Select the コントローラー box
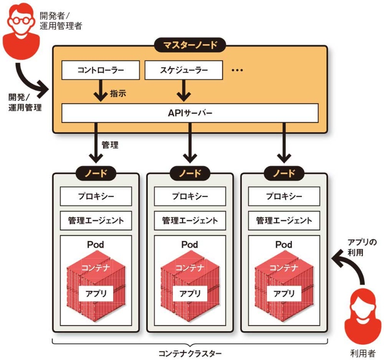[x=100, y=70]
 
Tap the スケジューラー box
[x=184, y=70]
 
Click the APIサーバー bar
[x=190, y=113]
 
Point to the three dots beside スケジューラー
[x=238, y=70]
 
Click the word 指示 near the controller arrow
[x=118, y=93]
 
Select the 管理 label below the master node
[x=110, y=144]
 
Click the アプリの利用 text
[x=362, y=246]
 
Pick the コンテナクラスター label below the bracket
[x=190, y=353]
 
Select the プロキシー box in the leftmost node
[x=96, y=196]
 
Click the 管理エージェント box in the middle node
[x=190, y=221]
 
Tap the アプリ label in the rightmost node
[x=284, y=293]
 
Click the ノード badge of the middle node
[x=190, y=173]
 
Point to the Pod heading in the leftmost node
[x=96, y=245]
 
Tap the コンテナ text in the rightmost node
[x=284, y=267]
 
